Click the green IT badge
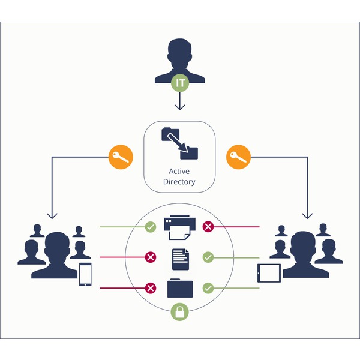(180, 83)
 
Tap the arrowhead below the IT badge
(180, 107)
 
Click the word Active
(179, 171)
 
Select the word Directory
(179, 182)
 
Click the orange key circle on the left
(121, 157)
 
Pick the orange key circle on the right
(239, 157)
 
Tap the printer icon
(180, 227)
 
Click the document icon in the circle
(181, 259)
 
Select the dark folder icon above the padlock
(180, 288)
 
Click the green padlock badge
(180, 311)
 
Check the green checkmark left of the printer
(151, 227)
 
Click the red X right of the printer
(208, 227)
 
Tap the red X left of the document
(151, 257)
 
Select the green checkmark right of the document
(208, 257)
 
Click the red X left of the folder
(151, 288)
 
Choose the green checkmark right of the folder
(208, 288)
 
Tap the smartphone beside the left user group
(85, 274)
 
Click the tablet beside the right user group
(269, 273)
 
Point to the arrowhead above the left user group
(52, 216)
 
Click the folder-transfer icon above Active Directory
(180, 143)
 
